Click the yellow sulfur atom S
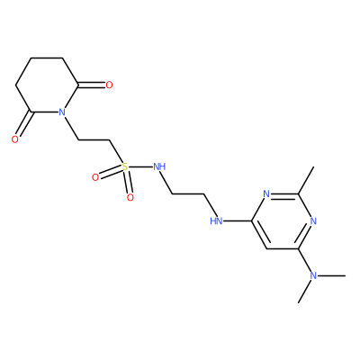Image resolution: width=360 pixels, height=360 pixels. click(x=125, y=166)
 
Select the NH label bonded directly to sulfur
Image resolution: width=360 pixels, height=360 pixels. click(x=159, y=166)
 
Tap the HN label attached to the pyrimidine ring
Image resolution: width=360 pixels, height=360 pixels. click(x=216, y=221)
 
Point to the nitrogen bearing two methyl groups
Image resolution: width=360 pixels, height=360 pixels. click(x=313, y=275)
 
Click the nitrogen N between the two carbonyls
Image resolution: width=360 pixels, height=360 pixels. click(x=62, y=112)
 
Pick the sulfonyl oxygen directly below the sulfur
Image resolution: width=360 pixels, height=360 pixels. click(x=130, y=197)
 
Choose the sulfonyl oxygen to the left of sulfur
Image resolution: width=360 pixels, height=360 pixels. click(x=95, y=177)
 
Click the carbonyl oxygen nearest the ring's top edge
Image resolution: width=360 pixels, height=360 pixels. click(x=109, y=85)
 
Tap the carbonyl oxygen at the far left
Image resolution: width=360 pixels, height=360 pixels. click(x=15, y=139)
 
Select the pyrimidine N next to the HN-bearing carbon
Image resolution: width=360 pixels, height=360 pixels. click(x=266, y=194)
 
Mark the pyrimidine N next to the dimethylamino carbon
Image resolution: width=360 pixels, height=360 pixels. click(x=313, y=221)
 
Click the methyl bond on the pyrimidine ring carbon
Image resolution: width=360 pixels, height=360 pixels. click(x=306, y=181)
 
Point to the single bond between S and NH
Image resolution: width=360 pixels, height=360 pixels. click(x=140, y=166)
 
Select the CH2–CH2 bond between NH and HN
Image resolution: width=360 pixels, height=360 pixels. click(x=188, y=194)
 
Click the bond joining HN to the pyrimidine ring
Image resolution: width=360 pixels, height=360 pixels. click(x=238, y=221)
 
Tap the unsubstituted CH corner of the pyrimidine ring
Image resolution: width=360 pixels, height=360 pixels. click(x=266, y=248)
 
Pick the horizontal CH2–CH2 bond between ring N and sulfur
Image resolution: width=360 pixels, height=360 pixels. click(x=94, y=139)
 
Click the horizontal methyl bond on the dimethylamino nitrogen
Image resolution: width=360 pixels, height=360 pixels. click(x=331, y=275)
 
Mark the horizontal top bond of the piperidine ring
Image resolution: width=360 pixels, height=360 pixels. click(x=46, y=58)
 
